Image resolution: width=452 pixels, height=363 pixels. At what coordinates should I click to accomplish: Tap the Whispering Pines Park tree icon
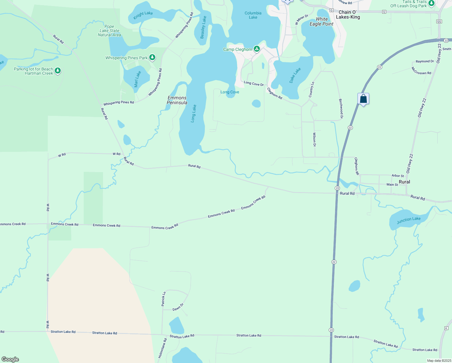coord(152,57)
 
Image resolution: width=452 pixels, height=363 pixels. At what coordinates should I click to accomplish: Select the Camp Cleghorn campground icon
coord(257,49)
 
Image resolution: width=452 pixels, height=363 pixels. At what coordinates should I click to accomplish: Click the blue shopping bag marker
coord(363,99)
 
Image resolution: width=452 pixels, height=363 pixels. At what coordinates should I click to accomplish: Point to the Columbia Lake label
coord(253,15)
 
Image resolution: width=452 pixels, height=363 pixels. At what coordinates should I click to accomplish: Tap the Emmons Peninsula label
coord(177,100)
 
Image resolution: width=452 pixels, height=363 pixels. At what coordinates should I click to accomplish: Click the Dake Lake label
coord(295,75)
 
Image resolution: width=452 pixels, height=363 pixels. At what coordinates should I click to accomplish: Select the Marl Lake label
coord(137,79)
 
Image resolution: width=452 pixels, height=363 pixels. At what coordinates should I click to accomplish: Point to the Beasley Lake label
coord(203,27)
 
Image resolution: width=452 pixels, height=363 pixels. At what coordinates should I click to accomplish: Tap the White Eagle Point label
coord(321,21)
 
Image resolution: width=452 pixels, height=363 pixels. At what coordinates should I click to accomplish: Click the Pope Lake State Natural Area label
coord(109,31)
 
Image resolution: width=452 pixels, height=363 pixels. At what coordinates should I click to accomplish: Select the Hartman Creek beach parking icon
coord(58,71)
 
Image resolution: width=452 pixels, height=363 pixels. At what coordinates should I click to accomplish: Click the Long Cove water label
coord(230,92)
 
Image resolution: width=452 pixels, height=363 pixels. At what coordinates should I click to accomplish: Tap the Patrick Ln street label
coord(163,299)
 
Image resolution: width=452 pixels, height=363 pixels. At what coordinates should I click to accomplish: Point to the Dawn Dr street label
coord(178,307)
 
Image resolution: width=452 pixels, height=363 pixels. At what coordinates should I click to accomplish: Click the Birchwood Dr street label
coord(341,109)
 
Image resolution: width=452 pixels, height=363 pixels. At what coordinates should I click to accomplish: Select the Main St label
coord(392,185)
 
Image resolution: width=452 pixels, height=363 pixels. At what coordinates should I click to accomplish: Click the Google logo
coord(10,359)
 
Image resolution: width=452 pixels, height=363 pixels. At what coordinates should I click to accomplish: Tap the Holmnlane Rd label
coord(163,348)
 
